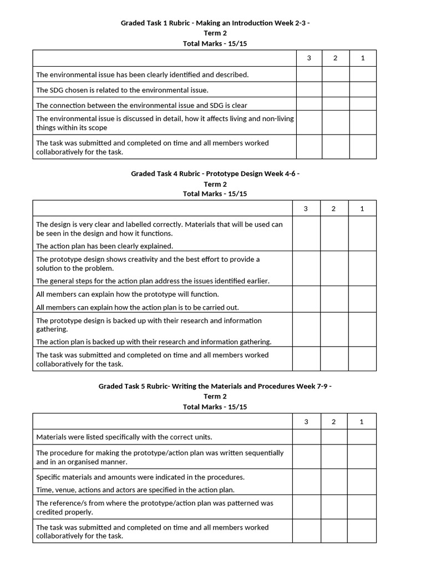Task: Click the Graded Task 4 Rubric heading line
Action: point(215,173)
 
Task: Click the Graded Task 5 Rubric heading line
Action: point(215,386)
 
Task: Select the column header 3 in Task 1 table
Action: point(309,58)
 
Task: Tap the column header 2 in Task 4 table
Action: point(333,208)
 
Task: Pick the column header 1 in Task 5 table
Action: point(362,422)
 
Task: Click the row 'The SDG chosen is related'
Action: point(122,90)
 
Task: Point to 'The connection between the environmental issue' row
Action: point(141,105)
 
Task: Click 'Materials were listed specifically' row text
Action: point(124,437)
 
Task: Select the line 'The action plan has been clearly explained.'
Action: point(104,246)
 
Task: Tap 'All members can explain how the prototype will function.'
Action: point(127,294)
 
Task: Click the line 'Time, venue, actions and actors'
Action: point(135,490)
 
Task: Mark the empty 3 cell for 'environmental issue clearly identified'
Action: point(309,74)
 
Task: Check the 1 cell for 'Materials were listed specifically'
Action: point(362,437)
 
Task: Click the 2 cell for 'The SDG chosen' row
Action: point(335,90)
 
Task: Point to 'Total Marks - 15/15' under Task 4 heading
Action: point(215,194)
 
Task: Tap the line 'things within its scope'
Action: point(72,127)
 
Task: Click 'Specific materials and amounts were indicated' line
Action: point(140,477)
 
